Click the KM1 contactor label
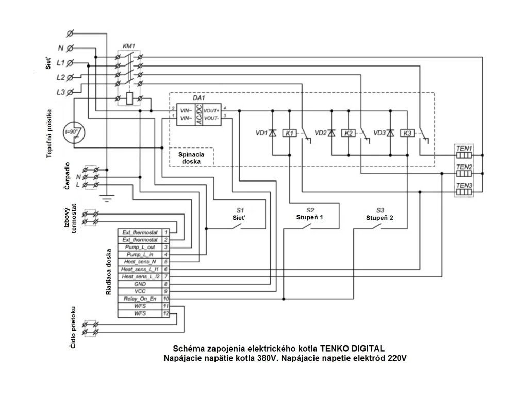128,46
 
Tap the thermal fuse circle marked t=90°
75,132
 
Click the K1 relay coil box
290,133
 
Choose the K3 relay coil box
407,133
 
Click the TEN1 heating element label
464,147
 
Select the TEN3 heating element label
464,185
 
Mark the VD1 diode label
262,133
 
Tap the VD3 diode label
380,133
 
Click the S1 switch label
240,210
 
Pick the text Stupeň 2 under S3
380,218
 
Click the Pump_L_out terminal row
139,247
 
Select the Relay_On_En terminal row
139,299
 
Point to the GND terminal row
139,284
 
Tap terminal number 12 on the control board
166,313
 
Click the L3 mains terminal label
61,92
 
